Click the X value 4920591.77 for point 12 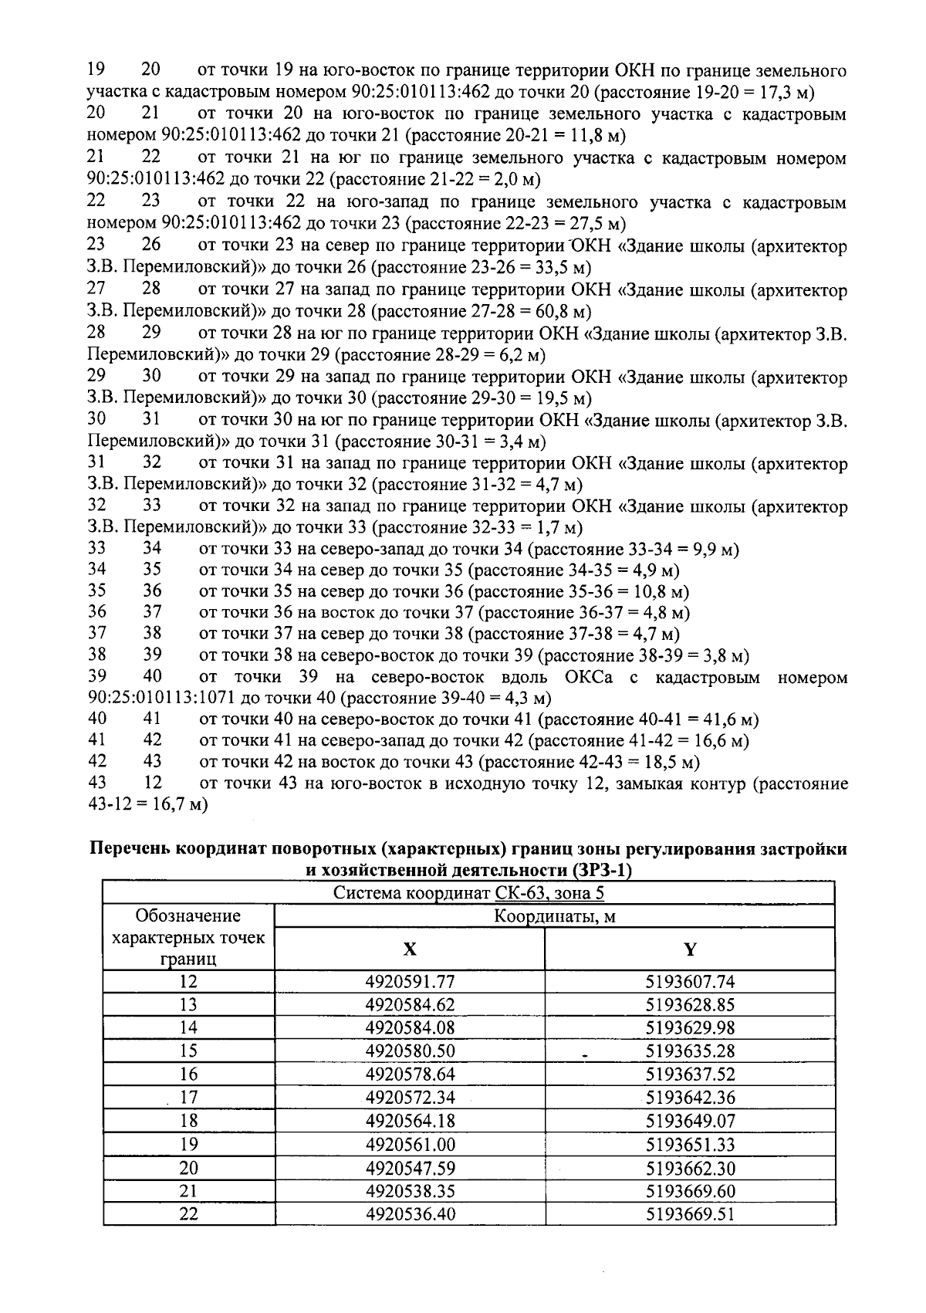[x=410, y=982]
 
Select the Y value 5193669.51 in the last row [x=690, y=1213]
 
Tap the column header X [x=410, y=949]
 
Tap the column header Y [x=690, y=949]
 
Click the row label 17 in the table [x=188, y=1098]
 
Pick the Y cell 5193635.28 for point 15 [x=690, y=1051]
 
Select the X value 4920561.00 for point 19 [x=410, y=1144]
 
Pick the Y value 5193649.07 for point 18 [x=690, y=1121]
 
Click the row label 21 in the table [x=188, y=1190]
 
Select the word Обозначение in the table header [x=188, y=916]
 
